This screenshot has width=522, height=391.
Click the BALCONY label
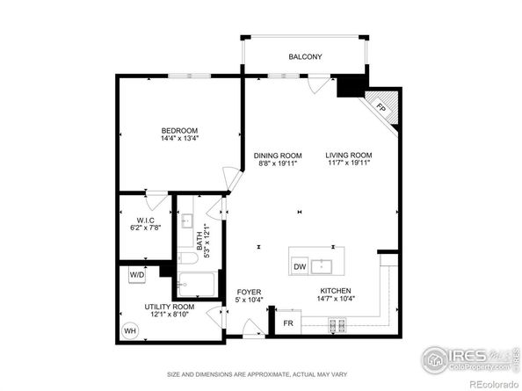(x=305, y=57)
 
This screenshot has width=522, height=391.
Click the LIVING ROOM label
(x=349, y=155)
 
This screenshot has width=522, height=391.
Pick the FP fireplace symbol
(x=381, y=107)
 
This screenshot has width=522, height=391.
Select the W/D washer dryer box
(x=137, y=274)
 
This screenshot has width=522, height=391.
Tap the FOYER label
(x=249, y=292)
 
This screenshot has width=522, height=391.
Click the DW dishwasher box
(x=300, y=266)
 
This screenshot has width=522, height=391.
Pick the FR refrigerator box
(x=287, y=323)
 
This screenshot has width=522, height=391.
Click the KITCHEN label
(x=336, y=292)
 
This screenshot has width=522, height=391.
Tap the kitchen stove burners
(x=336, y=326)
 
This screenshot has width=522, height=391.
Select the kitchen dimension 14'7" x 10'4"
(x=336, y=300)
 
